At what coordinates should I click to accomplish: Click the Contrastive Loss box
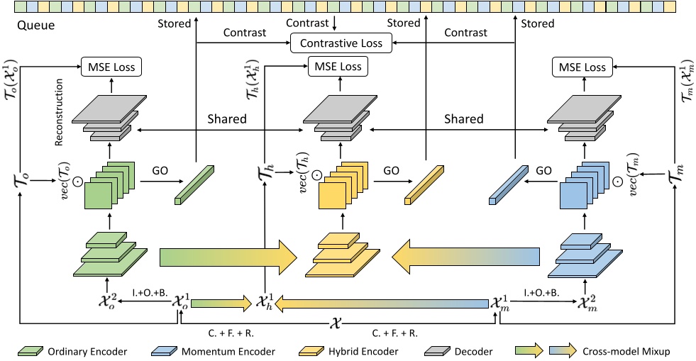coord(341,43)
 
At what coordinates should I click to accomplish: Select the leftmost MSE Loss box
coord(112,67)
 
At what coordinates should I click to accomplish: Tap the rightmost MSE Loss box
coord(580,67)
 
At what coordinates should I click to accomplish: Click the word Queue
coord(34,27)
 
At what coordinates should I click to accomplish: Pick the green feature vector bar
coord(194,185)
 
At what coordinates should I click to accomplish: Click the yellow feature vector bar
coord(424,186)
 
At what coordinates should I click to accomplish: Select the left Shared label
coord(227,119)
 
